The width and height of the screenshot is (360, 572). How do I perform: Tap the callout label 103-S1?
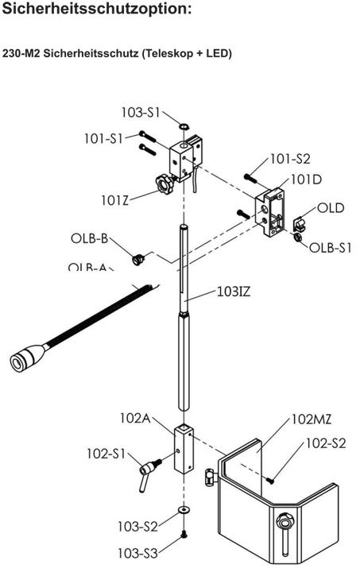(140, 112)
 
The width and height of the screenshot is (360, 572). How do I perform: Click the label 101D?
(307, 179)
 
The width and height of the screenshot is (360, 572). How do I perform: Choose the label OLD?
(330, 208)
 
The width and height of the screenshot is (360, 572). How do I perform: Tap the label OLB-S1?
(330, 247)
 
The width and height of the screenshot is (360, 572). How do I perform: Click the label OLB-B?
(88, 238)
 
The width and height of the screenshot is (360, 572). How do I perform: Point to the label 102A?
(135, 418)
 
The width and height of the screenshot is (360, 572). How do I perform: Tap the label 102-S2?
(326, 443)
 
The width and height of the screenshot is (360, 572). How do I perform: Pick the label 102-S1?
(106, 454)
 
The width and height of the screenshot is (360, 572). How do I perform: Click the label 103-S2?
(137, 525)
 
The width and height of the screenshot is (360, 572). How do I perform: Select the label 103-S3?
(137, 551)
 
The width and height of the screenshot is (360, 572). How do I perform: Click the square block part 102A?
(183, 450)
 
